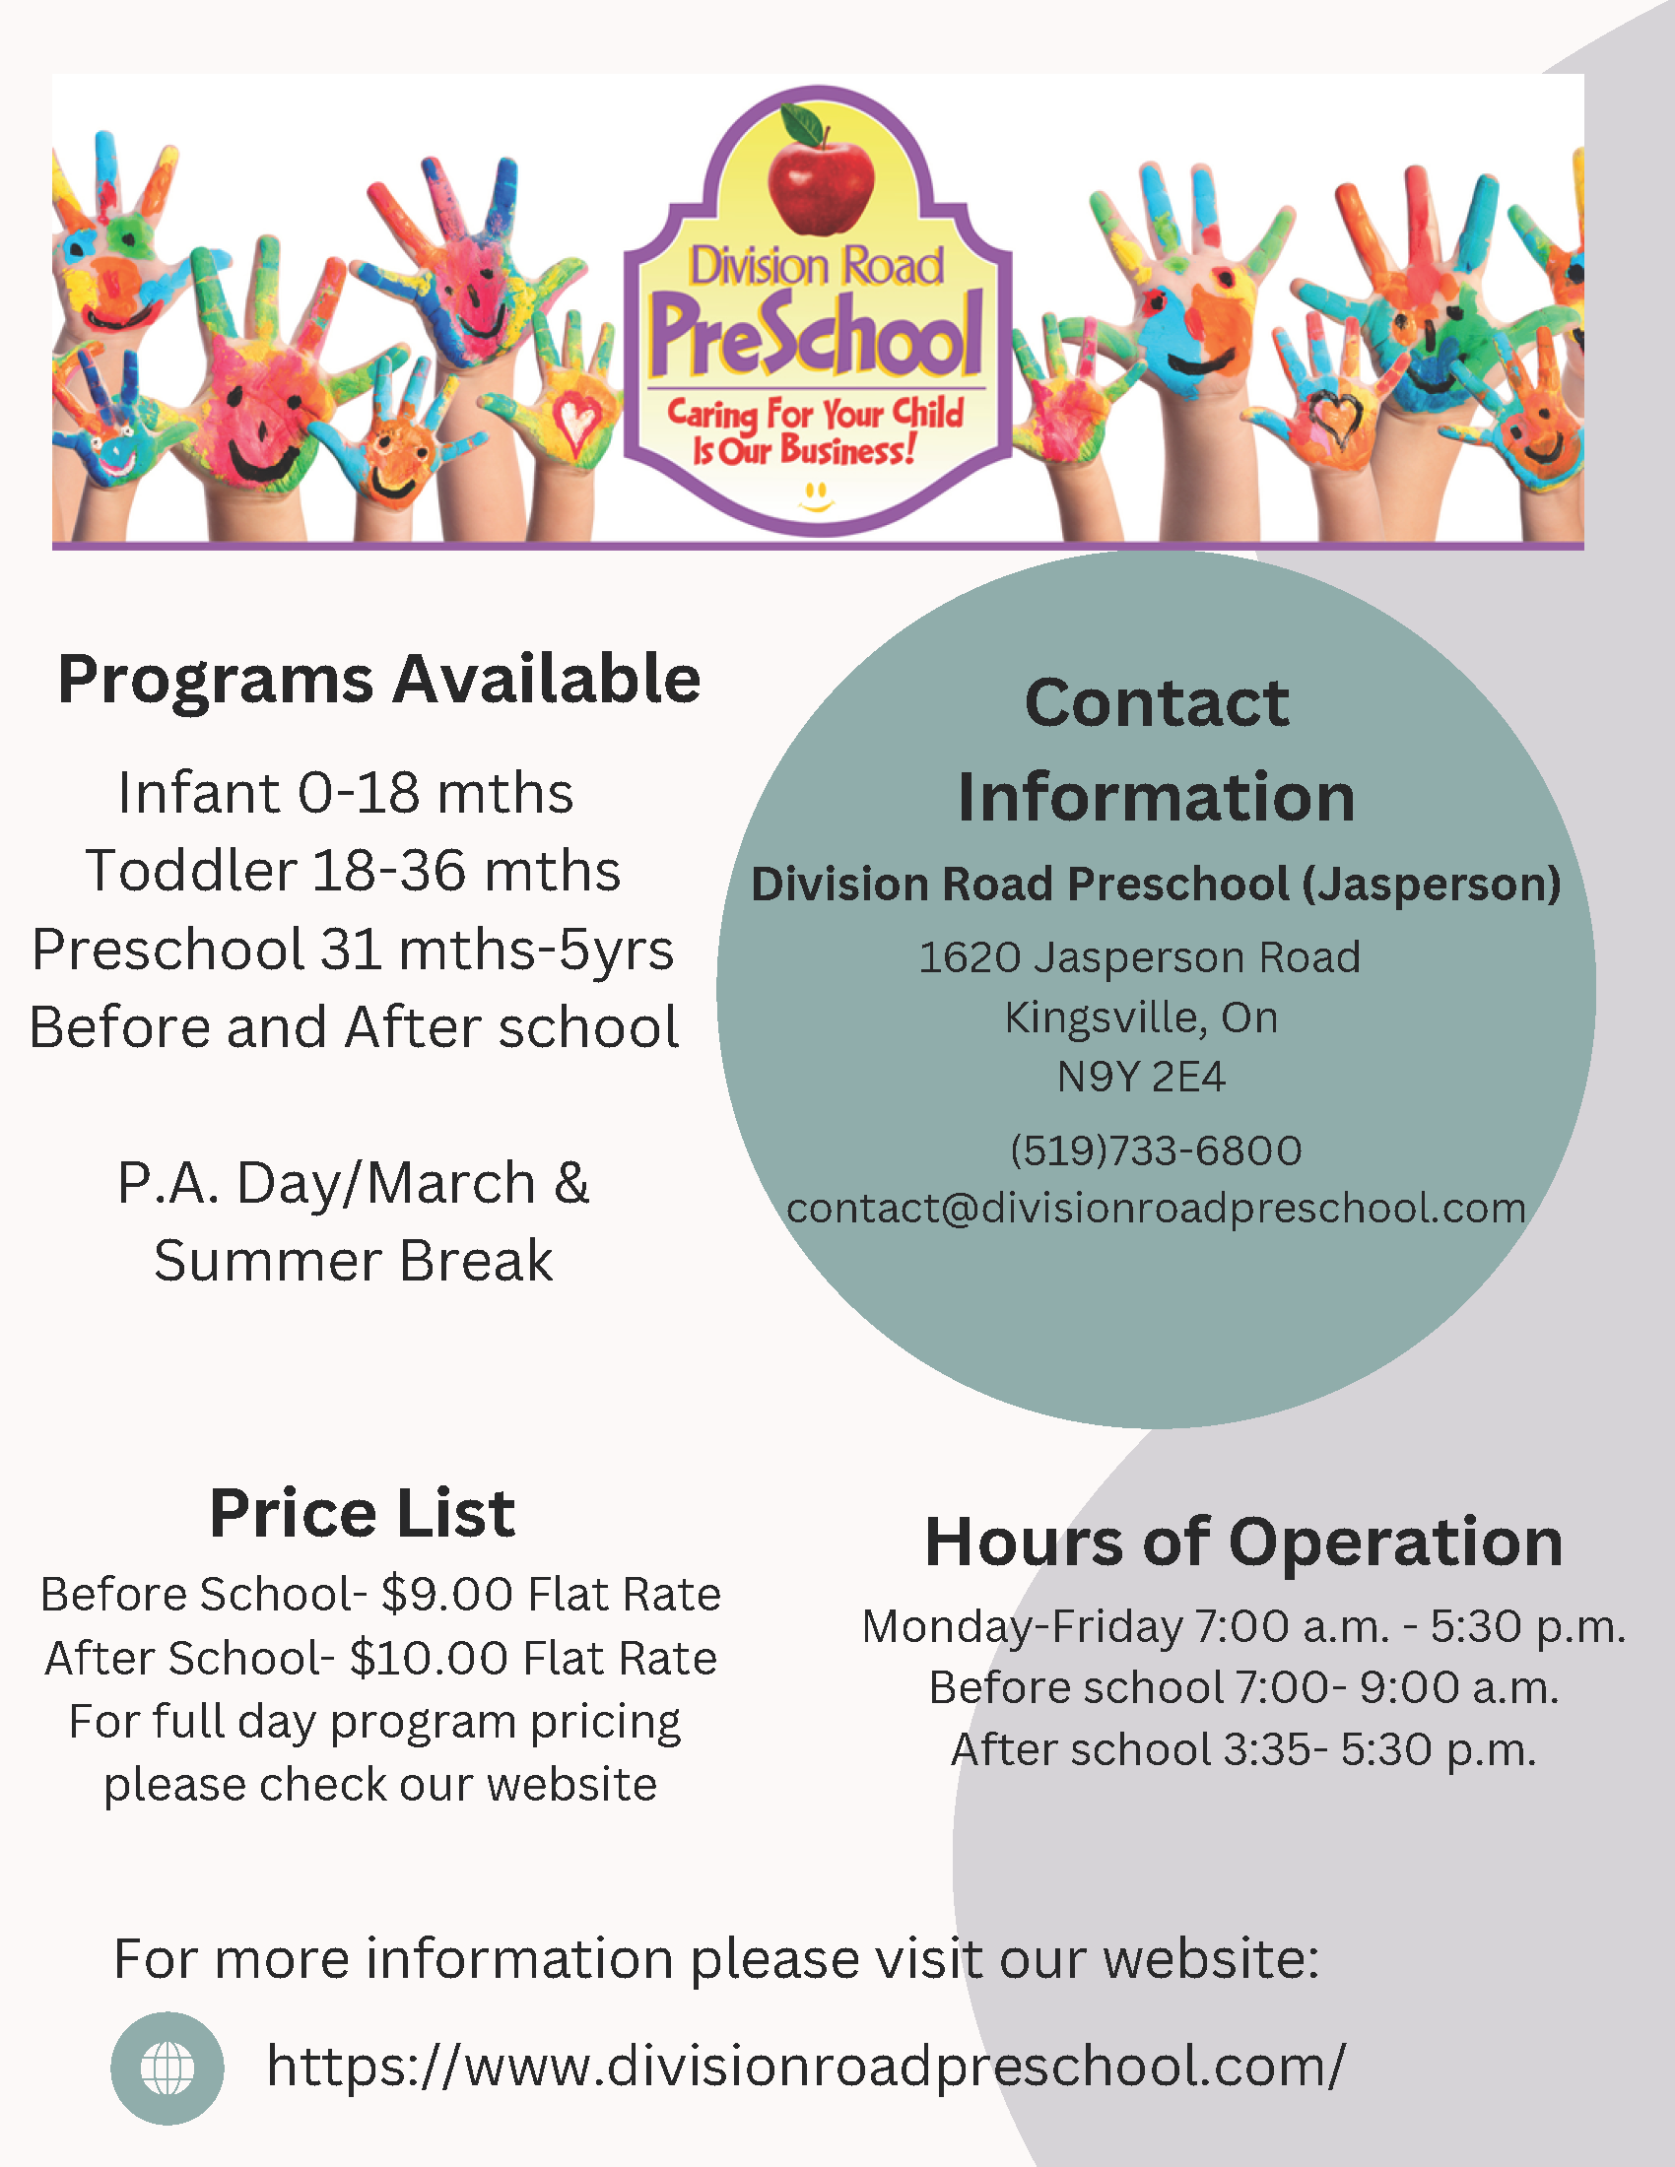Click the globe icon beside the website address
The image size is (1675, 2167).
167,2068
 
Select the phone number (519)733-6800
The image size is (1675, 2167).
1156,1150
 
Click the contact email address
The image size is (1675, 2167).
1156,1209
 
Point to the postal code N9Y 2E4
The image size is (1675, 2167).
1141,1077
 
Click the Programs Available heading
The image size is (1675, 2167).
379,681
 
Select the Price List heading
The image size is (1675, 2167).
363,1514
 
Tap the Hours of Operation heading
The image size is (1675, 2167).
1243,1543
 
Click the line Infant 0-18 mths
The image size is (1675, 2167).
345,793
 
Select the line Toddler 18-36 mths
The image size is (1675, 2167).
354,870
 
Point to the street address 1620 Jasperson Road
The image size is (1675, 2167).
1140,957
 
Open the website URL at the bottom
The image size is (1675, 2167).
806,2067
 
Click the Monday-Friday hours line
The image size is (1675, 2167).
1244,1627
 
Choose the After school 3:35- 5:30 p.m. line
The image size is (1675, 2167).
1244,1750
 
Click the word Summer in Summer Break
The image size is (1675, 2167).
268,1261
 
